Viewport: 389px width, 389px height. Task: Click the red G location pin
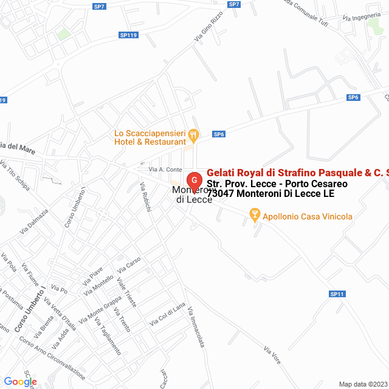point(194,181)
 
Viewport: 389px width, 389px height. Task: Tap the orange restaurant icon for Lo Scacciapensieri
point(193,134)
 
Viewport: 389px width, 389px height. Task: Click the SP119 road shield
point(129,36)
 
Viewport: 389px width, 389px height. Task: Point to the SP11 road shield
point(337,294)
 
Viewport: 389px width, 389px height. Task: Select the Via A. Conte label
point(166,169)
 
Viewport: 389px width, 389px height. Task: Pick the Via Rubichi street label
point(145,197)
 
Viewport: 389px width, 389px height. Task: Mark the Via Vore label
point(272,355)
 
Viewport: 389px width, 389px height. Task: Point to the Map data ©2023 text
point(362,384)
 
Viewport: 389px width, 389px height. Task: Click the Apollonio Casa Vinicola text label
point(308,216)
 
